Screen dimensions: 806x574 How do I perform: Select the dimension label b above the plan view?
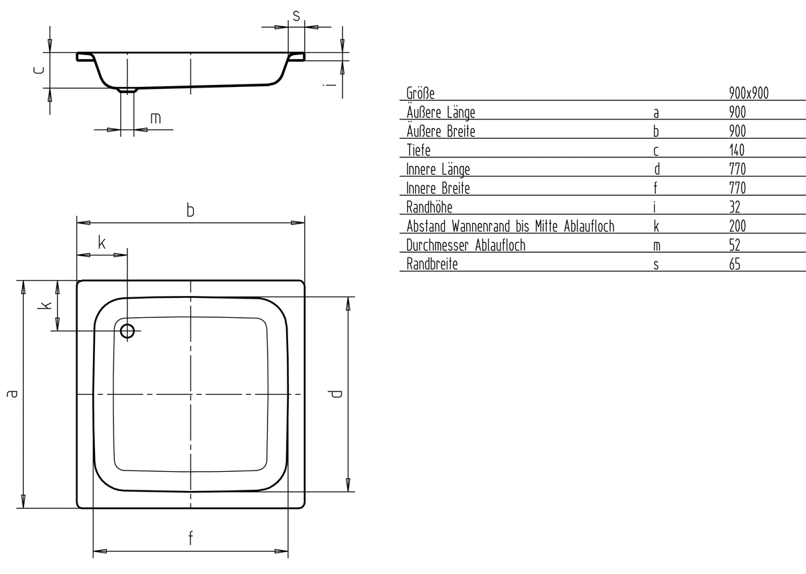(x=191, y=210)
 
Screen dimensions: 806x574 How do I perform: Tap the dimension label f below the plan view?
(x=191, y=538)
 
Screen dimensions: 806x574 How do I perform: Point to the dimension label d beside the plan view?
(x=335, y=394)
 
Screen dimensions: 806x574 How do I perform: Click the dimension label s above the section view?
(x=296, y=16)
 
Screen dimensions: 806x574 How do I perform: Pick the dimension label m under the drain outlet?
(x=155, y=118)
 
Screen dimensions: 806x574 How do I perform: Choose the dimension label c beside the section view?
(x=39, y=70)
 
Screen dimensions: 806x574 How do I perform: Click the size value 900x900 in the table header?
(x=748, y=93)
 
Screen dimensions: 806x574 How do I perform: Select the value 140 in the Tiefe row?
(x=736, y=150)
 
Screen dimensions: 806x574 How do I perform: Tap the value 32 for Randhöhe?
(x=734, y=207)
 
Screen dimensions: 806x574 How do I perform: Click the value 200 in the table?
(x=737, y=226)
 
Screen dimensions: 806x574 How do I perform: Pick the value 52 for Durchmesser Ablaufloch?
(x=734, y=246)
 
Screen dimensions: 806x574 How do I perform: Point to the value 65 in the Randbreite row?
(x=734, y=264)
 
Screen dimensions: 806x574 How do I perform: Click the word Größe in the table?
(x=420, y=93)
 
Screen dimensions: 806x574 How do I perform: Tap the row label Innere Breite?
(x=438, y=188)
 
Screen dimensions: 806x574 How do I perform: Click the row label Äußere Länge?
(x=441, y=112)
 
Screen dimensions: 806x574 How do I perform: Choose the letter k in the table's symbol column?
(x=657, y=226)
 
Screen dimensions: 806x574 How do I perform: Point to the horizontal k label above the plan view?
(x=102, y=243)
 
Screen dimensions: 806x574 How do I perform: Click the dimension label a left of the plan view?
(x=12, y=394)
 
